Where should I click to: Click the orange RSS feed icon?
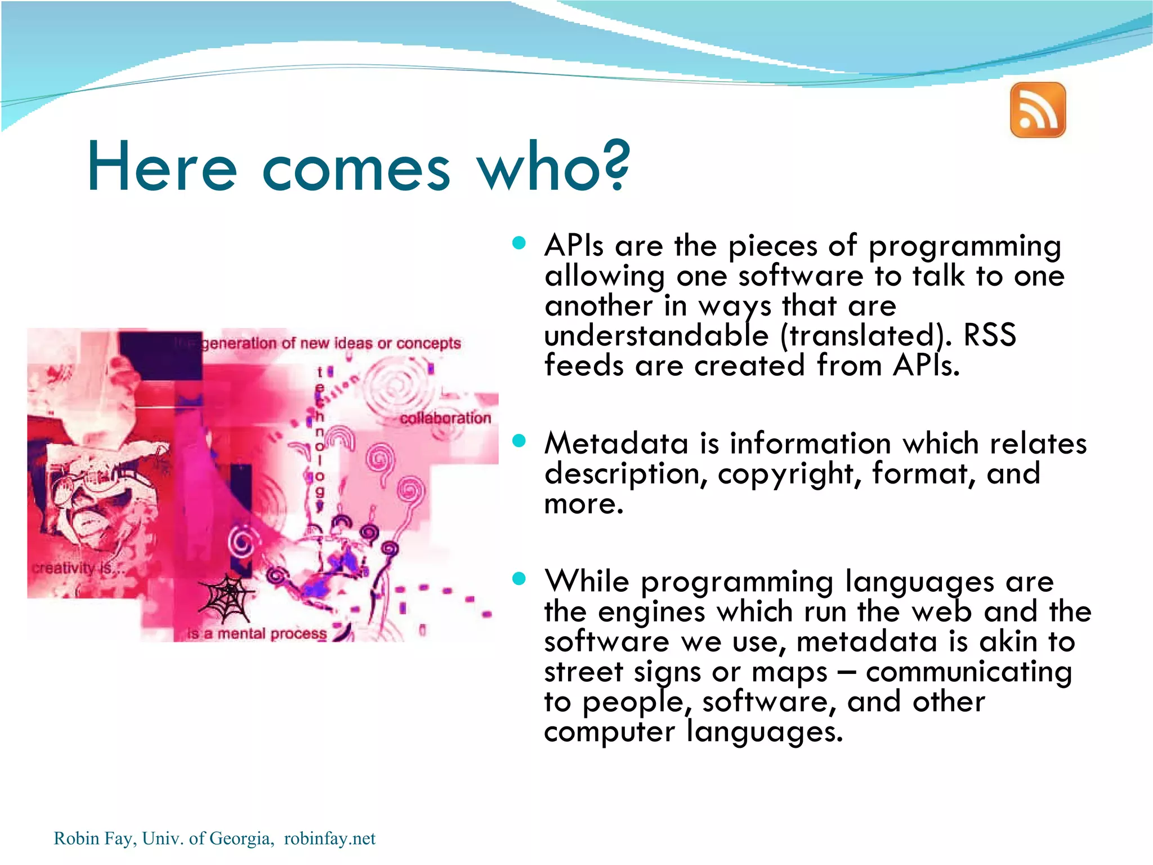click(1038, 110)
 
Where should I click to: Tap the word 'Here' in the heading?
click(162, 167)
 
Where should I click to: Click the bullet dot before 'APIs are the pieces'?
click(519, 243)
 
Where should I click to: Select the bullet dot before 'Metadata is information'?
click(519, 441)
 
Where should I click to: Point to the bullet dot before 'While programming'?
click(519, 578)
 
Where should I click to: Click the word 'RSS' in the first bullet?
click(989, 335)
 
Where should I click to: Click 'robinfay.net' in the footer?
click(329, 839)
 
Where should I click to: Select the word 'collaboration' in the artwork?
click(445, 418)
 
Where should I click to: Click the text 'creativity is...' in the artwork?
click(77, 567)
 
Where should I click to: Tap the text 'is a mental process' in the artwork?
click(257, 633)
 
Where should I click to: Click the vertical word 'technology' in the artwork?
click(320, 440)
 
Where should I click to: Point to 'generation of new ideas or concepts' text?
click(331, 343)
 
